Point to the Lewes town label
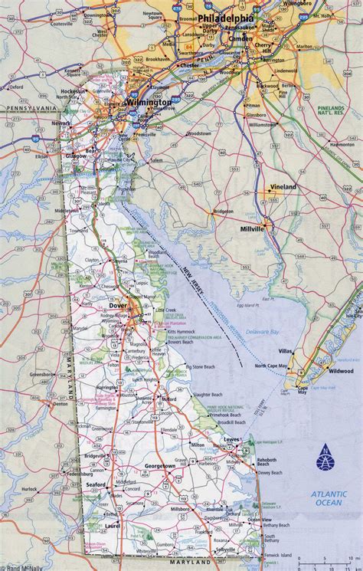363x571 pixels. pos(232,440)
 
